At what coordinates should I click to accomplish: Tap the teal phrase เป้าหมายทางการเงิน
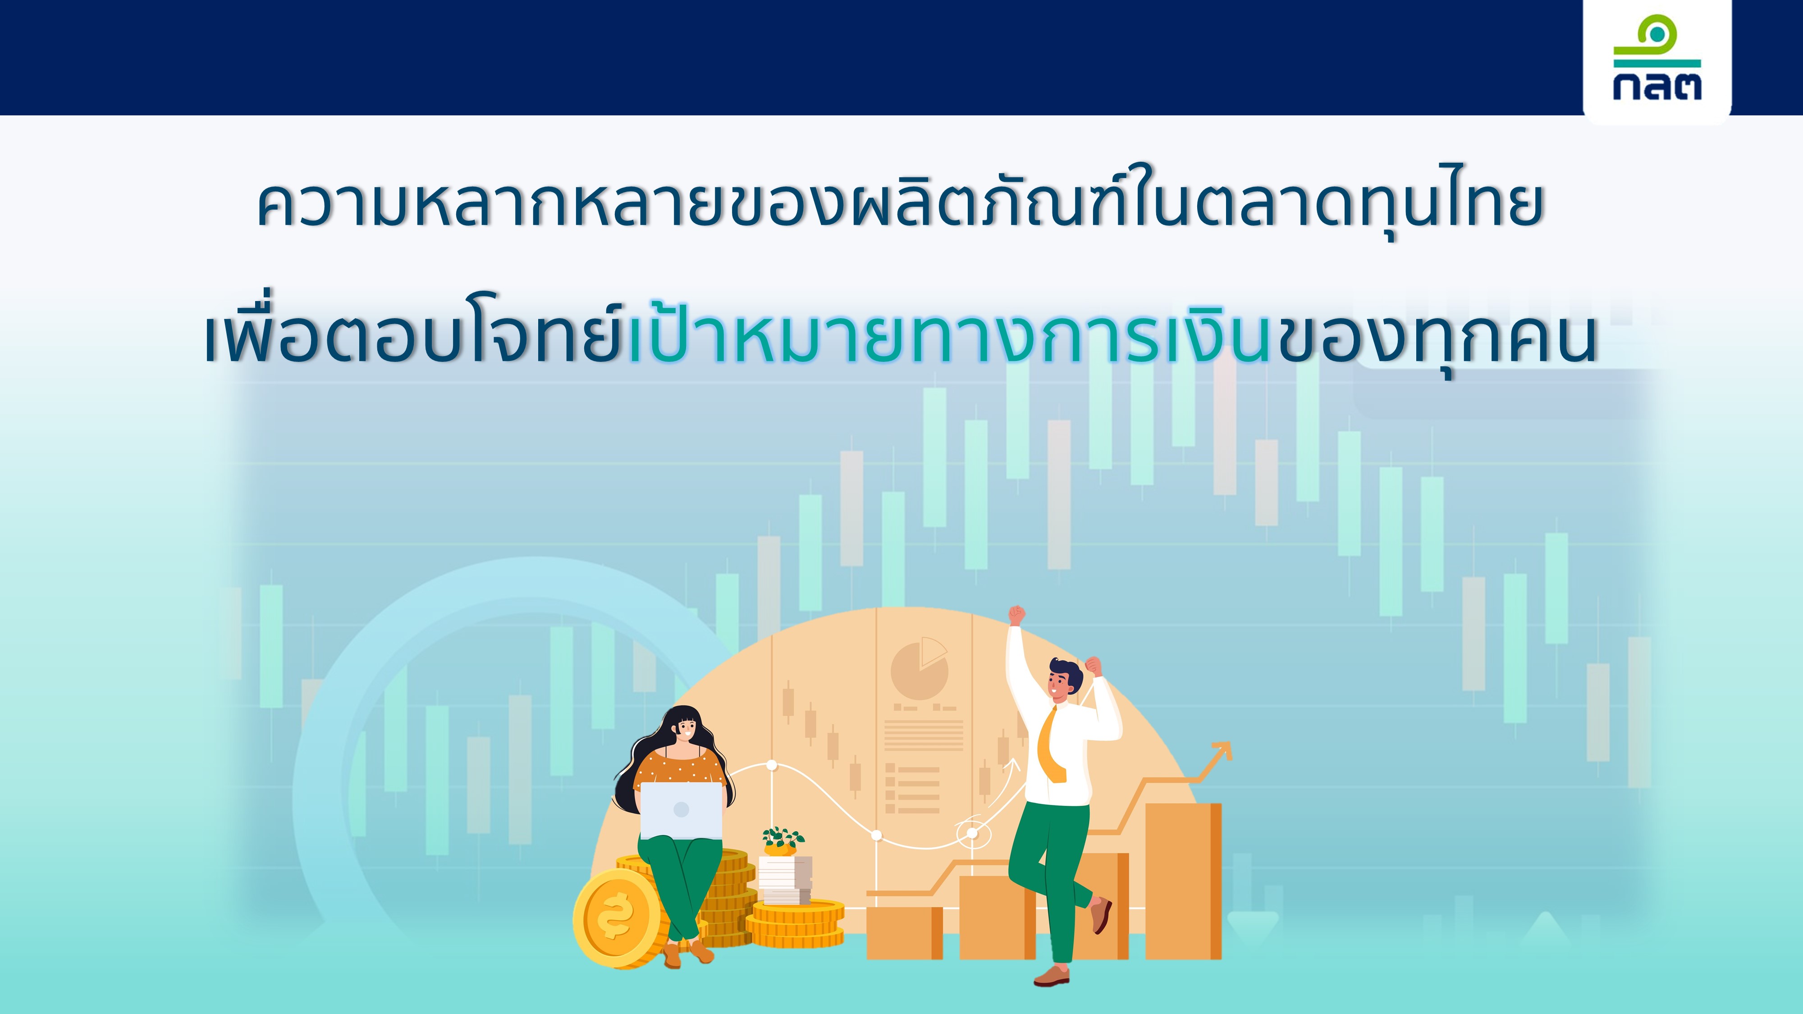tap(950, 336)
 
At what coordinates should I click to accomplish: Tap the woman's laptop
tap(681, 810)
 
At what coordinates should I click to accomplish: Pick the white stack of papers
tap(785, 880)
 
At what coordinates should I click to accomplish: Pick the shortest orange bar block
tap(904, 933)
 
